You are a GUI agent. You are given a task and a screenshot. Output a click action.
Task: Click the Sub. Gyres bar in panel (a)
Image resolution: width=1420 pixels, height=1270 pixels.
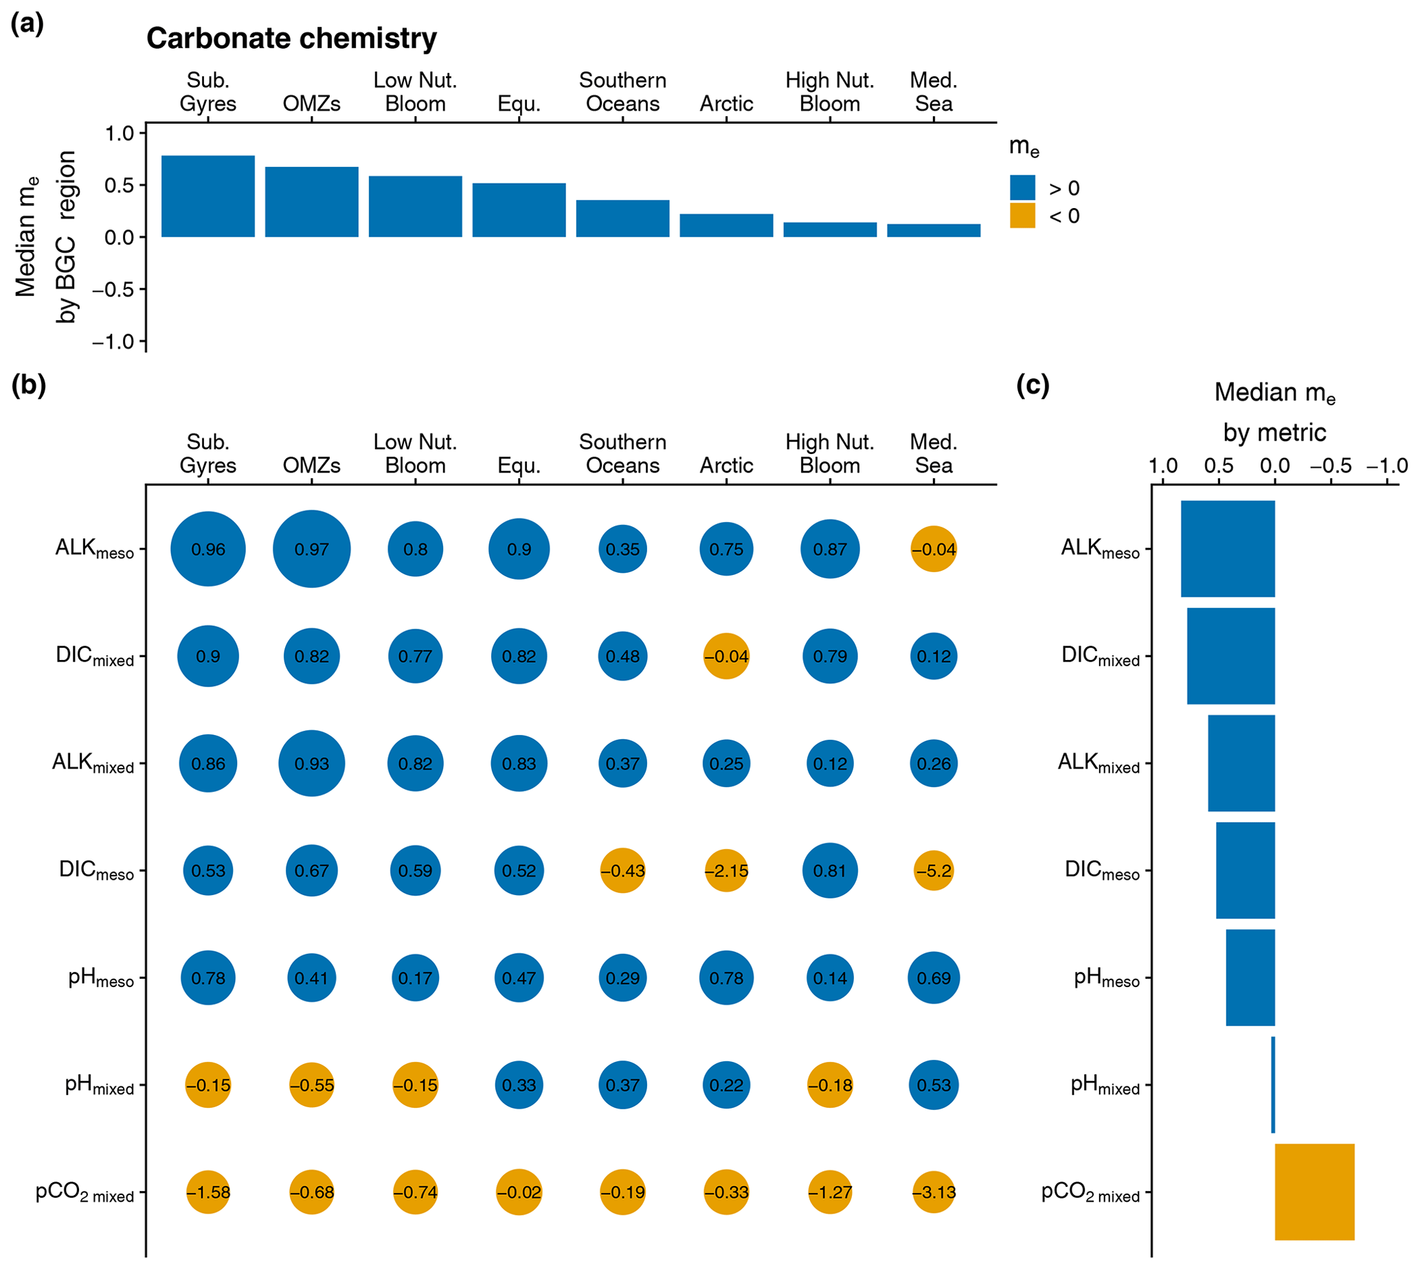click(x=208, y=196)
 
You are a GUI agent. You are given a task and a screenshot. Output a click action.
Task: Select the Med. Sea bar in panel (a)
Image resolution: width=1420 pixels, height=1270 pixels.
click(x=934, y=230)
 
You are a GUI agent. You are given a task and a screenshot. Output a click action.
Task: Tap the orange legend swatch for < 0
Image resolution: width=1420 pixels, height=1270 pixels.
click(x=1022, y=216)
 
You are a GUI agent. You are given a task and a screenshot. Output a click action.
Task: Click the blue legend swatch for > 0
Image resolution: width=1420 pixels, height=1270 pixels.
click(x=1022, y=188)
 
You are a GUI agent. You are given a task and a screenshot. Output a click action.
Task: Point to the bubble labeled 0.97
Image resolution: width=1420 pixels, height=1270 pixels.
click(x=311, y=549)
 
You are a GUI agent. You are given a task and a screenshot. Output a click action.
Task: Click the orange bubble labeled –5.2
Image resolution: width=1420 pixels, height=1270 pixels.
click(x=934, y=871)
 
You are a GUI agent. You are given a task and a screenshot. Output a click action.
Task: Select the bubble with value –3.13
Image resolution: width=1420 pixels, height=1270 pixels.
click(x=934, y=1192)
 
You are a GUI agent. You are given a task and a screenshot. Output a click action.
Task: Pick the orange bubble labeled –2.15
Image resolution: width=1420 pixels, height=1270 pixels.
click(x=726, y=871)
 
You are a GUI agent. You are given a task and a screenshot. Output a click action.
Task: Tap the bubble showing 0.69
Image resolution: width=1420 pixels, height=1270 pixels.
click(x=934, y=978)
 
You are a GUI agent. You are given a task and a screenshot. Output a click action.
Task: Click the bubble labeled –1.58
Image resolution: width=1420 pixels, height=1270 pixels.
click(x=208, y=1192)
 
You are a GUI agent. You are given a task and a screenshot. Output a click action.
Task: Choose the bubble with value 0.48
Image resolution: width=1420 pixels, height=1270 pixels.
click(x=622, y=657)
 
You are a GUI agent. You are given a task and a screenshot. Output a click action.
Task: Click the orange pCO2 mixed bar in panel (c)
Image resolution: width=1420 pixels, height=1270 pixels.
click(x=1315, y=1192)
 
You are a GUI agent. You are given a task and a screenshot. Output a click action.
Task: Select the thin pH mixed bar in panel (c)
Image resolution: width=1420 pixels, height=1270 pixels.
click(x=1274, y=1085)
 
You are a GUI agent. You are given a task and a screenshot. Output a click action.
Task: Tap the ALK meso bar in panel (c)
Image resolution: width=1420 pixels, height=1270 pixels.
click(x=1228, y=549)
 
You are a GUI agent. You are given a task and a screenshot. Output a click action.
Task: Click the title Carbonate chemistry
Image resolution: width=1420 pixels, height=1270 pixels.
click(x=292, y=38)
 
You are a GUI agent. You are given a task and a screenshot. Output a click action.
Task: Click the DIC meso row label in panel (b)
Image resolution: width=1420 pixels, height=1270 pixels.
click(x=96, y=871)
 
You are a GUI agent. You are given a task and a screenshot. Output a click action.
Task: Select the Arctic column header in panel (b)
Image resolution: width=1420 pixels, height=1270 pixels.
click(x=726, y=466)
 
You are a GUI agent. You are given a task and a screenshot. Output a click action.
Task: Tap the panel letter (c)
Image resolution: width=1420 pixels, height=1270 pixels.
click(x=1033, y=385)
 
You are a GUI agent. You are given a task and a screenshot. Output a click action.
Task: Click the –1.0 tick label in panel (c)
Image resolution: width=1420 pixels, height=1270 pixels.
click(x=1387, y=466)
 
